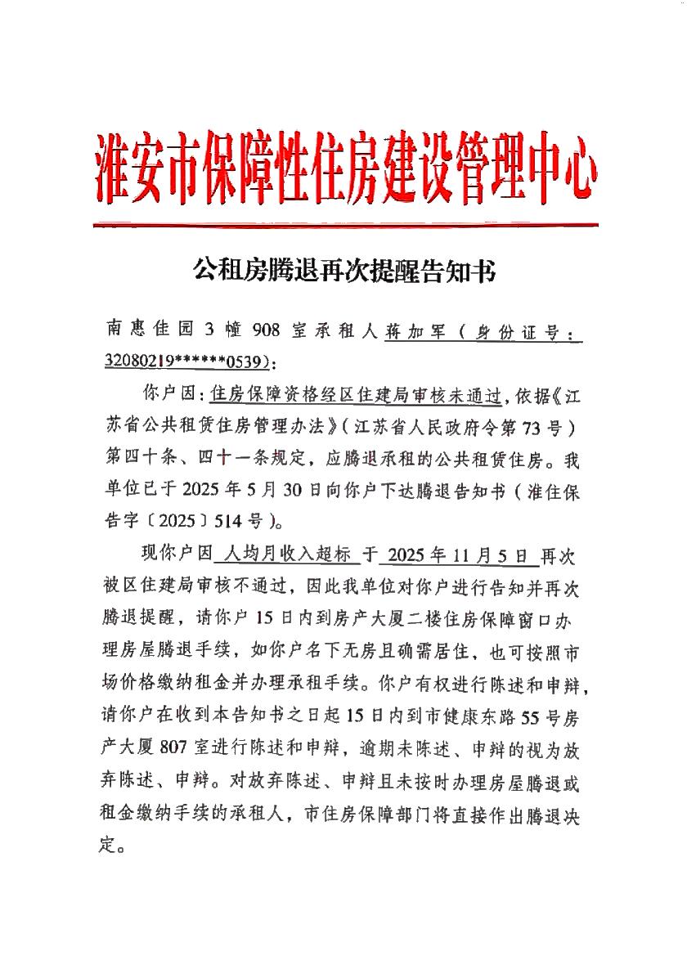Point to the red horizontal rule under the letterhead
coord(344,224)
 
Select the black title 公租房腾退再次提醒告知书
coord(344,271)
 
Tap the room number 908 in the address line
coord(267,330)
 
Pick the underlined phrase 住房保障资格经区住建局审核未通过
coord(355,394)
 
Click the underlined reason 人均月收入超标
coord(285,555)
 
